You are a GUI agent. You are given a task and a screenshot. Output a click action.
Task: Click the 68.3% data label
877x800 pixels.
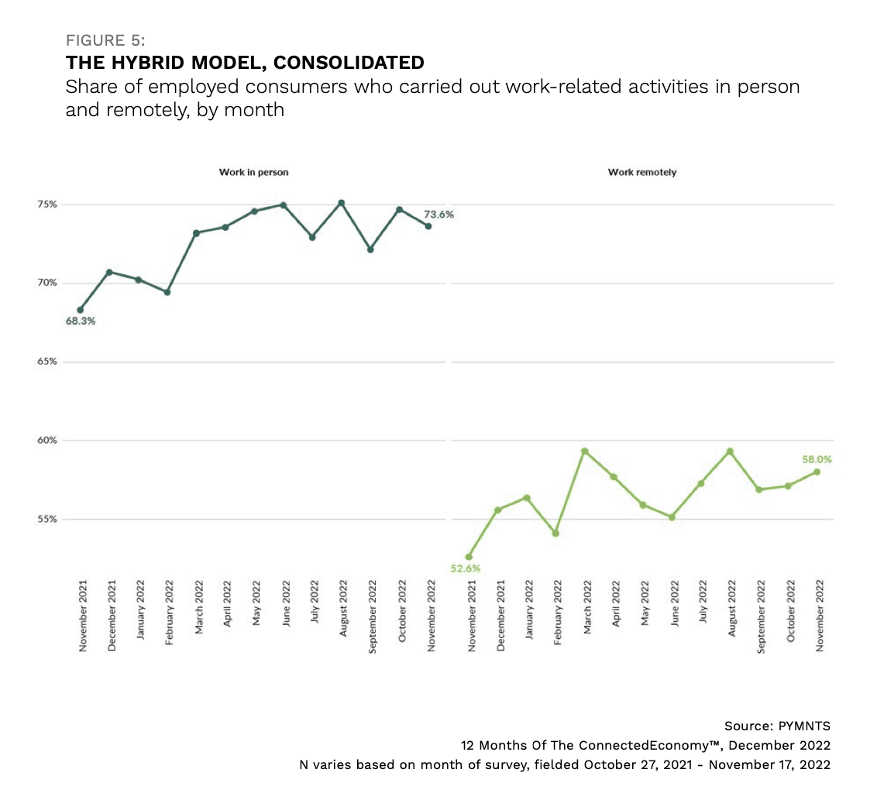pyautogui.click(x=80, y=321)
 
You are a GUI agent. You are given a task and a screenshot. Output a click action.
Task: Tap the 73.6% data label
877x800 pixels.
pyautogui.click(x=438, y=215)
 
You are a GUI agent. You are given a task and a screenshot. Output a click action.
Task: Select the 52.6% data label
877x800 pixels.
pyautogui.click(x=465, y=568)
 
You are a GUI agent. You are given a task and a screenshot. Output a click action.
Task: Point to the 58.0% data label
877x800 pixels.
pyautogui.click(x=817, y=459)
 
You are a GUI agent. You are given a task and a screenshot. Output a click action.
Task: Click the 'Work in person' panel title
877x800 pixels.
pyautogui.click(x=253, y=172)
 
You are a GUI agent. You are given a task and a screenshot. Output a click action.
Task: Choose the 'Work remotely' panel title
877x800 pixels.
pyautogui.click(x=642, y=172)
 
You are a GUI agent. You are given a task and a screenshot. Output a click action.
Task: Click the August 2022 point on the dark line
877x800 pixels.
pyautogui.click(x=341, y=203)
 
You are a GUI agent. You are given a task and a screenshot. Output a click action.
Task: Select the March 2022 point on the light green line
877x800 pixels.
pyautogui.click(x=585, y=451)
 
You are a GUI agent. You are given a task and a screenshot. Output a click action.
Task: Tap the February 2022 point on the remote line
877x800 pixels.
pyautogui.click(x=555, y=533)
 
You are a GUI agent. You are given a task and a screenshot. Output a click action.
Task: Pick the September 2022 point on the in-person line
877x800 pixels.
pyautogui.click(x=370, y=249)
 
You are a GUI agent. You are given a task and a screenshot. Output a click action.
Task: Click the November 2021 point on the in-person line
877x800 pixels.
pyautogui.click(x=80, y=310)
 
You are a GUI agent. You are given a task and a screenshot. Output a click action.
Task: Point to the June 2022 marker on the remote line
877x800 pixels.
pyautogui.click(x=672, y=517)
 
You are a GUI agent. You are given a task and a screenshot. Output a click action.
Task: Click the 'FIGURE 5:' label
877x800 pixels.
pyautogui.click(x=105, y=40)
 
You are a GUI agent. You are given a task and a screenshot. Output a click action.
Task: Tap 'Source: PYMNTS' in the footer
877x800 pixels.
pyautogui.click(x=777, y=726)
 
